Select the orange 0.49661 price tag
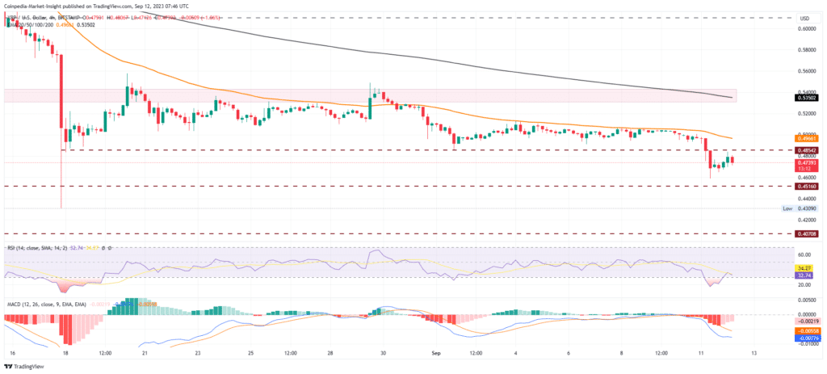[803, 138]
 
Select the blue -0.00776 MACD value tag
[803, 337]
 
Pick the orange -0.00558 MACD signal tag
[803, 330]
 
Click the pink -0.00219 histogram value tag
[803, 321]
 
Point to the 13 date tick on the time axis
[753, 352]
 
